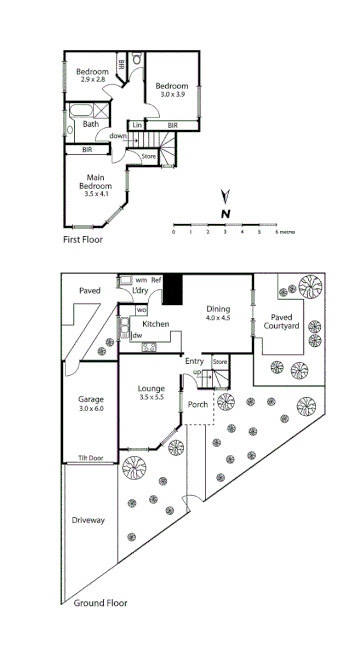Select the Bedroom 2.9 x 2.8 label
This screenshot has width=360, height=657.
coord(92,75)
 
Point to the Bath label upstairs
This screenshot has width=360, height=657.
coord(90,124)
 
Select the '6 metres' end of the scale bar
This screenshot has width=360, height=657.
coord(283,232)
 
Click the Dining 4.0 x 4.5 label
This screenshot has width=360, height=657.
coord(218,313)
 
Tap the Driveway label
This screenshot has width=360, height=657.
coord(89,520)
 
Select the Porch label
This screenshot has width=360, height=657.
coord(198,405)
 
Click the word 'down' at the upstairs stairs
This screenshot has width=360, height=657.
coord(118,136)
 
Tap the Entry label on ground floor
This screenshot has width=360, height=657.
coord(194,361)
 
